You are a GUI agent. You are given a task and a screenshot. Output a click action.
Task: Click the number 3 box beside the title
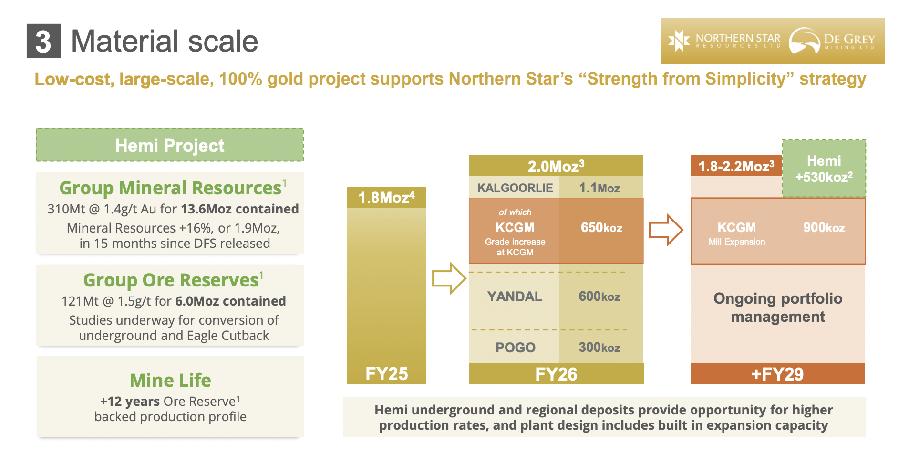tap(43, 41)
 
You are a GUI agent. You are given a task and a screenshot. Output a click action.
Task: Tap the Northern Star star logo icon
tap(679, 41)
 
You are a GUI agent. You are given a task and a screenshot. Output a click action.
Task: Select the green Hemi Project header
tap(170, 145)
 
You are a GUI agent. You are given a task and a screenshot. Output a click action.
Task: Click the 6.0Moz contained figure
tap(230, 301)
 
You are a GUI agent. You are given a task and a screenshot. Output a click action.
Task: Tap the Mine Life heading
tap(170, 381)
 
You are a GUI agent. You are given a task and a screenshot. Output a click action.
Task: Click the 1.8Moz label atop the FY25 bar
tap(386, 197)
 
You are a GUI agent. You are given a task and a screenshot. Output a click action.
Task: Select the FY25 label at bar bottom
tap(386, 374)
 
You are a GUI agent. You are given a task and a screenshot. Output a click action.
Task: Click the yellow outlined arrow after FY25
tap(448, 278)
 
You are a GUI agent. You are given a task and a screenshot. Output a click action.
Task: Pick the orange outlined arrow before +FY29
tap(666, 230)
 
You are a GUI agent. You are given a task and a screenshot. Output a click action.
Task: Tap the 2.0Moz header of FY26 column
tap(556, 166)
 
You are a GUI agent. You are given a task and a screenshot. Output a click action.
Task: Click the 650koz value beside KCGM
tap(601, 228)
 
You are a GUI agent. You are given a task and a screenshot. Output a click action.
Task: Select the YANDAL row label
tap(515, 297)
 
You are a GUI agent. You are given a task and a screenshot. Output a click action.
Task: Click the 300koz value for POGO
tap(599, 348)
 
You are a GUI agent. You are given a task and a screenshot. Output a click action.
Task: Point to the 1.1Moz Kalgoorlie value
tap(599, 188)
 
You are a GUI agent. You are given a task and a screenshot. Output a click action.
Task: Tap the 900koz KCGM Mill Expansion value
tap(824, 228)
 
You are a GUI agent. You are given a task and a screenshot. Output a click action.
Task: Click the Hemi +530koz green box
tap(824, 169)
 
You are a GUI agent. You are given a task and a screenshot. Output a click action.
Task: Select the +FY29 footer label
tap(777, 374)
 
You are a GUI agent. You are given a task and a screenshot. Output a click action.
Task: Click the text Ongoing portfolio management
tap(777, 307)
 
